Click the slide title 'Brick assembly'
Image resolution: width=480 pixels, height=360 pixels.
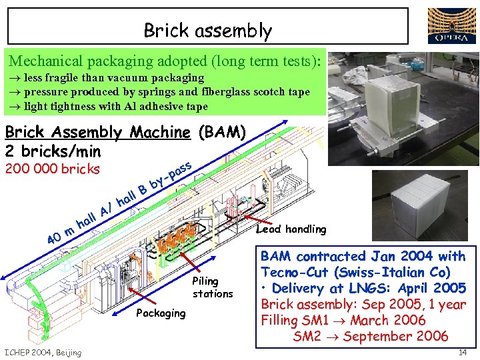(208, 31)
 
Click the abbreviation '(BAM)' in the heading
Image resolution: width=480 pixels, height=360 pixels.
(223, 132)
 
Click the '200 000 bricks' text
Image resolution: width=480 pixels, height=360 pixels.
(52, 169)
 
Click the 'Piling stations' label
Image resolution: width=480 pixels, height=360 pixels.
(213, 287)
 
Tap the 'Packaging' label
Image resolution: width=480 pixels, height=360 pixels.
(161, 313)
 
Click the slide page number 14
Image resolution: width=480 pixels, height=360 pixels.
(463, 351)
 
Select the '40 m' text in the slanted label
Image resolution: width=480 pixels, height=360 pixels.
(59, 235)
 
